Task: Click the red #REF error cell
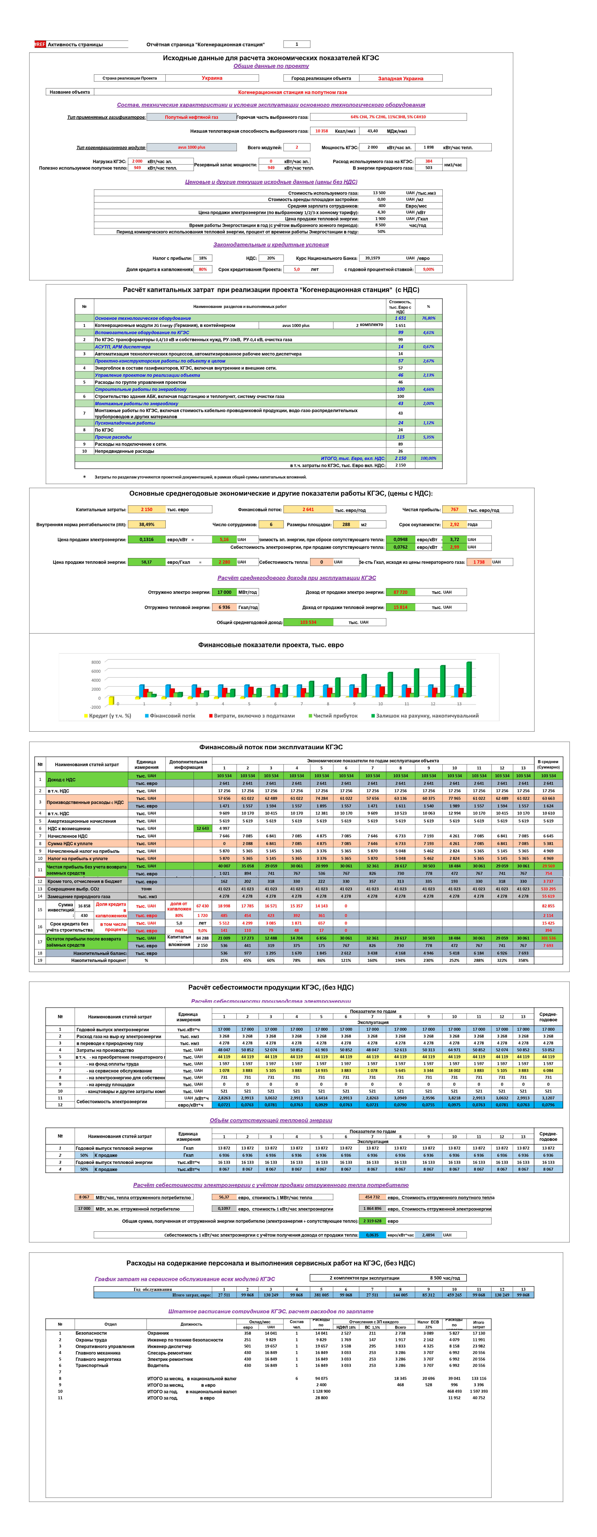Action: point(40,44)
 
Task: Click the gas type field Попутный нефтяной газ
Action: point(191,117)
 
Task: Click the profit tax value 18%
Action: point(203,258)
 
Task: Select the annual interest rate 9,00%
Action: point(429,269)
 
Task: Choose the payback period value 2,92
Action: point(454,524)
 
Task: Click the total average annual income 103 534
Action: point(308,622)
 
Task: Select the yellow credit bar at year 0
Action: point(111,701)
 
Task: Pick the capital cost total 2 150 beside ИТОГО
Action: point(401,458)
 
